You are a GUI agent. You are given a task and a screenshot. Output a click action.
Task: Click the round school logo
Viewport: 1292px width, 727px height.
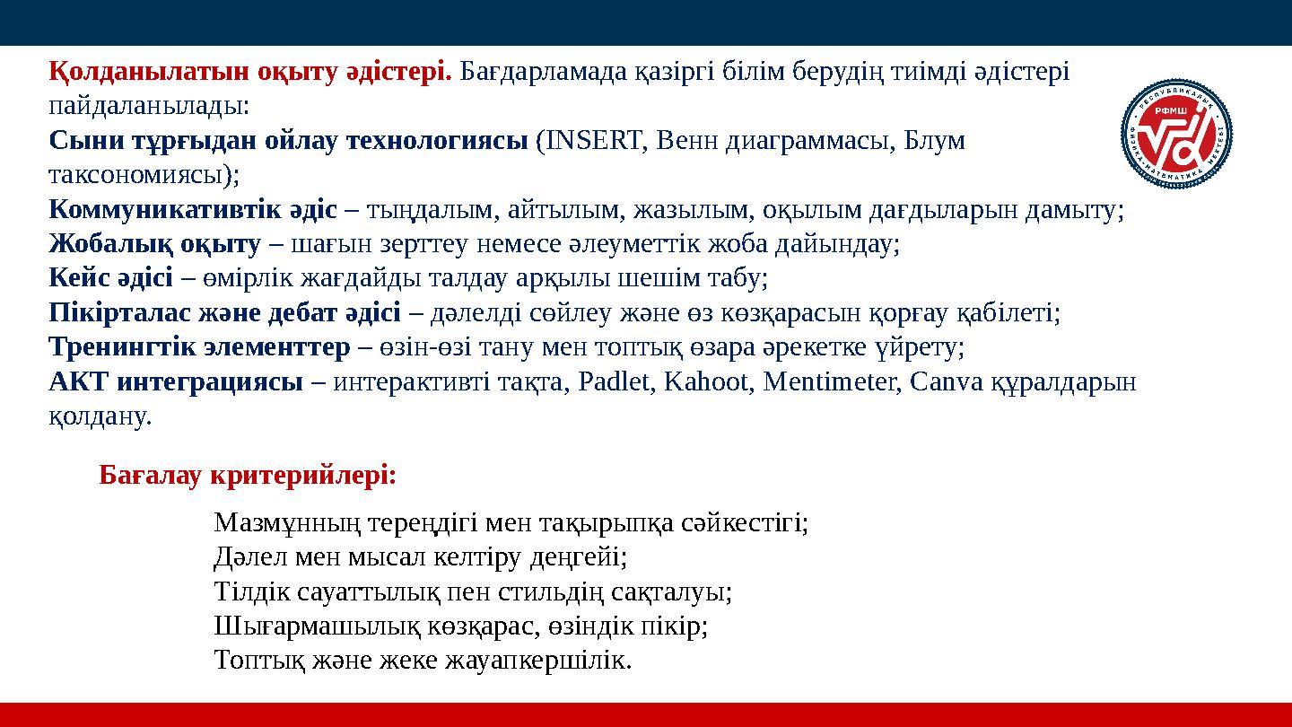1176,134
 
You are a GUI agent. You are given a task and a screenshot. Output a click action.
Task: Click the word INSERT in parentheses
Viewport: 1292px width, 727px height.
593,141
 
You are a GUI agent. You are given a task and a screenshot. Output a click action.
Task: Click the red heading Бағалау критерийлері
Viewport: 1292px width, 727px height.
248,475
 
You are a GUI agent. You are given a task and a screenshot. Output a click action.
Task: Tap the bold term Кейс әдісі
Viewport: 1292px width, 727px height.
111,279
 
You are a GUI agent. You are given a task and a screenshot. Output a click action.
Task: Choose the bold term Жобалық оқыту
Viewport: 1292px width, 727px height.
155,244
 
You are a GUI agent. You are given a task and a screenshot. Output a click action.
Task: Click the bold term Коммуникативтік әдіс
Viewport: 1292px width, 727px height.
193,210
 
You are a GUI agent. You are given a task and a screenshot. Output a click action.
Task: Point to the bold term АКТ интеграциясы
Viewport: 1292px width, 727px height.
176,382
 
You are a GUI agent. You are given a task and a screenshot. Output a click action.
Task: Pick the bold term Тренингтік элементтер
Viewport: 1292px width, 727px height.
199,347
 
